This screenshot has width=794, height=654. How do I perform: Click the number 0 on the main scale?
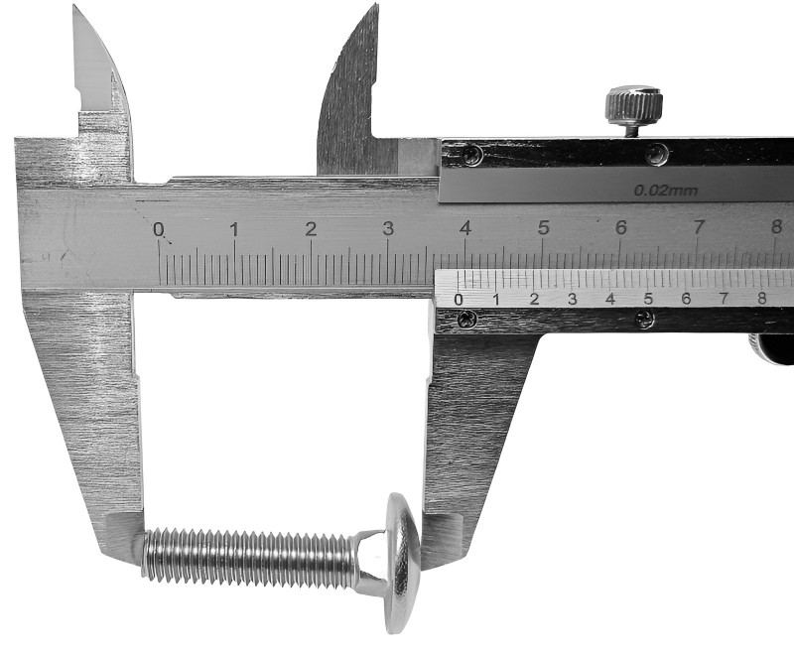(x=159, y=230)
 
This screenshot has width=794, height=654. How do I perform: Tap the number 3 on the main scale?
(x=388, y=229)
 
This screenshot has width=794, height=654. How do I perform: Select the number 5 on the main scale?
(x=543, y=228)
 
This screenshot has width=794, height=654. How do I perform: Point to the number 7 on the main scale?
(x=699, y=227)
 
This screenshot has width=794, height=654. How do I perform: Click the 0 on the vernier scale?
(x=459, y=299)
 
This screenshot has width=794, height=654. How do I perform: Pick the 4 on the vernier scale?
(x=610, y=299)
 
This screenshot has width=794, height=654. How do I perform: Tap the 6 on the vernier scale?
(x=686, y=298)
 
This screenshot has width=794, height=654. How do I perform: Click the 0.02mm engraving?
(x=666, y=191)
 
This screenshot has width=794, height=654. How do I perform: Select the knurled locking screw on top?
(x=635, y=109)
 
